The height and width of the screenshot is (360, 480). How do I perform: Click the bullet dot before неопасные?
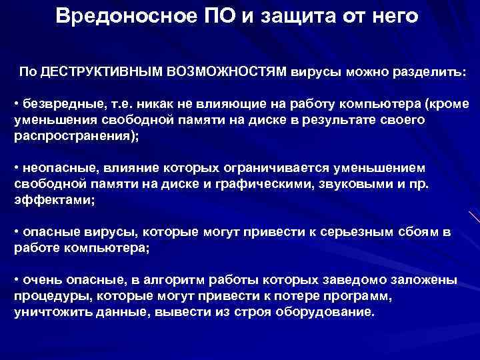coord(17,169)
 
